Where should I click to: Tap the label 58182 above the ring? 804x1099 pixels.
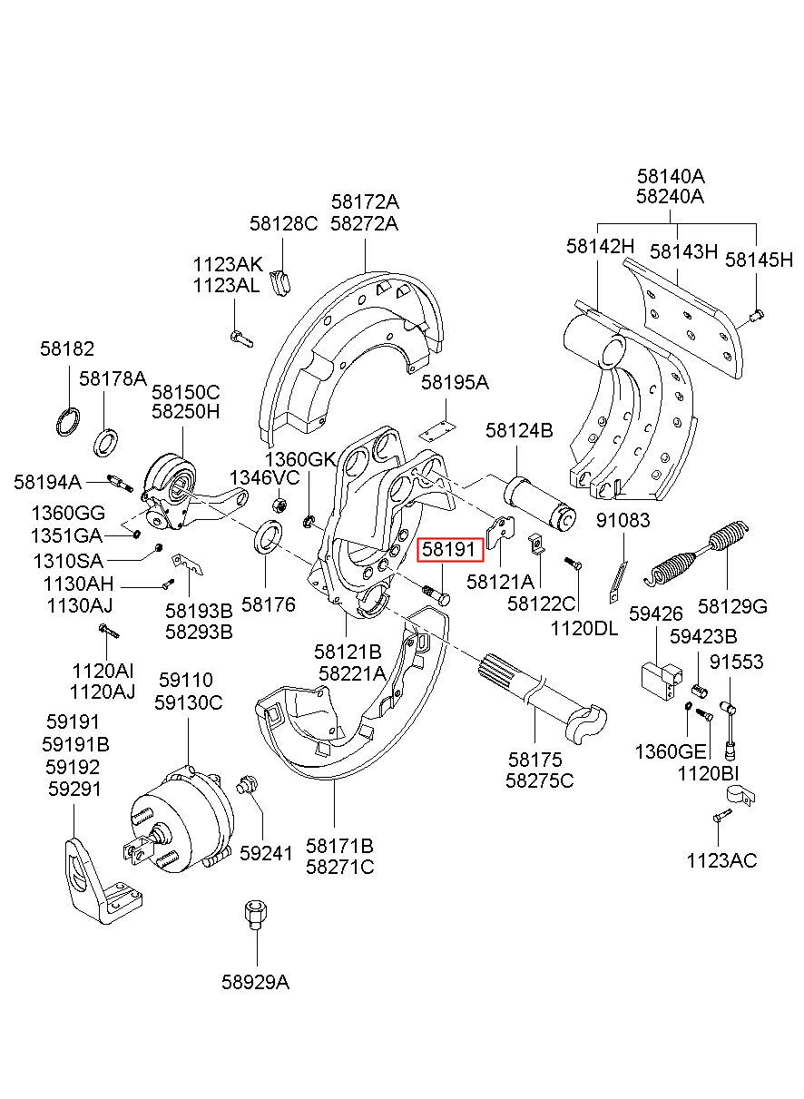tap(66, 349)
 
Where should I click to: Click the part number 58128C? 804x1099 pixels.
tap(283, 224)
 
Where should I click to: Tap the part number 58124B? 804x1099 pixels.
tap(518, 431)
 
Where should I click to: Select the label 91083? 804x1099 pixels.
tap(623, 521)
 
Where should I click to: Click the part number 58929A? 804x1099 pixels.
tap(255, 982)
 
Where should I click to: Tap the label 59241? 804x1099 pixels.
tap(267, 854)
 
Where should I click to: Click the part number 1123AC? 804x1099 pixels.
tap(721, 861)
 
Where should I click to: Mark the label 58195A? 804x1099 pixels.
tap(455, 383)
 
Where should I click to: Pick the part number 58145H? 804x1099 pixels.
tap(759, 260)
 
